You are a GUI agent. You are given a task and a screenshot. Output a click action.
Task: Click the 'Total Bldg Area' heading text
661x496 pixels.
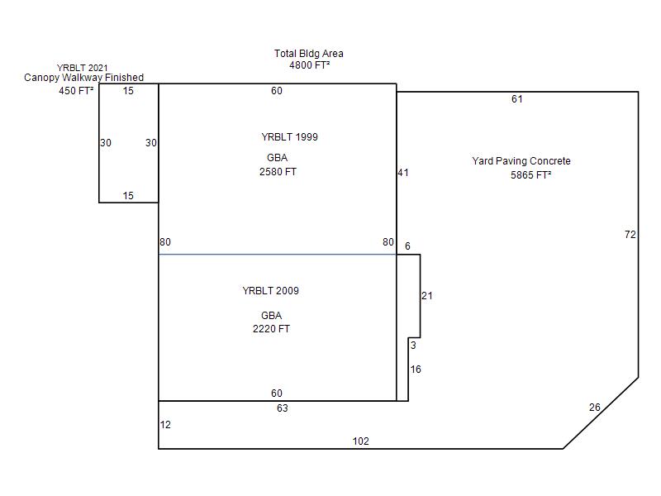(x=308, y=54)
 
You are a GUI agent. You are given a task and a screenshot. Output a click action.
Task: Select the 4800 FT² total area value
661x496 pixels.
(x=309, y=65)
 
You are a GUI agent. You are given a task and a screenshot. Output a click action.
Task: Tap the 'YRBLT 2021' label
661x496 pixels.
(x=82, y=68)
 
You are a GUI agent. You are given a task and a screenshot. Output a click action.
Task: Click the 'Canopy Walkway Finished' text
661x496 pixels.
(x=84, y=78)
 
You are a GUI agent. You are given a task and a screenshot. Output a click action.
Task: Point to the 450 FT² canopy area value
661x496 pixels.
(x=76, y=91)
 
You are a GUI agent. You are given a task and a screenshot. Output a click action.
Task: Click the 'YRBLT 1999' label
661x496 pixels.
(x=290, y=137)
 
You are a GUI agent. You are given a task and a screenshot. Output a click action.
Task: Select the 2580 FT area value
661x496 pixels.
(x=278, y=172)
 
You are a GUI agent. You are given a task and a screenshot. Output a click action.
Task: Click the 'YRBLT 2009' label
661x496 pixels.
(x=271, y=291)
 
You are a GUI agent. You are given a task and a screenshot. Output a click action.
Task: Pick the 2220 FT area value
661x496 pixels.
(x=272, y=328)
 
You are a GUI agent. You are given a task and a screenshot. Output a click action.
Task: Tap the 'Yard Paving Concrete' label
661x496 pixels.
(x=521, y=161)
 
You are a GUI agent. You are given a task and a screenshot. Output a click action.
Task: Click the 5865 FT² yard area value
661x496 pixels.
(x=531, y=175)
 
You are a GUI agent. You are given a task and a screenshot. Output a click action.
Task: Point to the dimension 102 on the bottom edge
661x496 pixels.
(x=361, y=441)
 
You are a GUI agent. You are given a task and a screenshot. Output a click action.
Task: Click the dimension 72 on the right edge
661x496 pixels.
(x=630, y=235)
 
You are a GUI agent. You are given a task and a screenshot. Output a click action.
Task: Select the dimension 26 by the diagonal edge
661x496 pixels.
(x=595, y=408)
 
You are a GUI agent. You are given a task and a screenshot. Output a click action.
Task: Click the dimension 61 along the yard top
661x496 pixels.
(x=517, y=99)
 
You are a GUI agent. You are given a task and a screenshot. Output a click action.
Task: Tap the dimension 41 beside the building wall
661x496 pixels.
(x=403, y=173)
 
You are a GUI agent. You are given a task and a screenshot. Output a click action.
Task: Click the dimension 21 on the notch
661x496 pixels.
(x=427, y=296)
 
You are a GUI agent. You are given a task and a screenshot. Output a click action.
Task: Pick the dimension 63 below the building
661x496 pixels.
(x=283, y=408)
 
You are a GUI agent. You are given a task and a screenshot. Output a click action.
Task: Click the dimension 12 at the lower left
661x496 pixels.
(x=165, y=425)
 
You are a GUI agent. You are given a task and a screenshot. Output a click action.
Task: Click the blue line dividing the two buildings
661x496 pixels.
(x=278, y=255)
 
